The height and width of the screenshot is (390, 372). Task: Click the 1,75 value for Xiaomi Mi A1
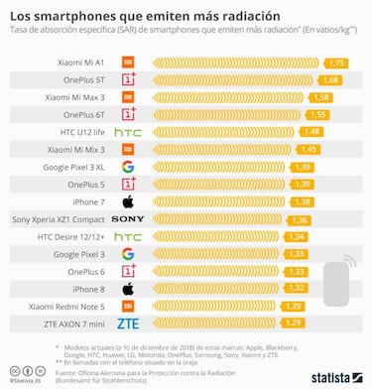pos(335,63)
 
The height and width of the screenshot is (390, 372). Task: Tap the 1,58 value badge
pos(320,97)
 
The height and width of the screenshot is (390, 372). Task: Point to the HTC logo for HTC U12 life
pos(127,132)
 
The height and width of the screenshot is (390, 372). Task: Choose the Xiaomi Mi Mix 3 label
pos(75,149)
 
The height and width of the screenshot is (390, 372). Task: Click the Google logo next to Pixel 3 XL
pos(127,167)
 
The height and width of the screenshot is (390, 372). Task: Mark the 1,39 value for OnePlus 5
pos(303,184)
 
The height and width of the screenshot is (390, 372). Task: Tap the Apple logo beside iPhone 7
pos(127,201)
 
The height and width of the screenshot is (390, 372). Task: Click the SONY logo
pos(127,218)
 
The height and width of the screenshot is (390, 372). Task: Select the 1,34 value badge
pos(295,236)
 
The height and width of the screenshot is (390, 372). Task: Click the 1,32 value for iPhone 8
pos(294,289)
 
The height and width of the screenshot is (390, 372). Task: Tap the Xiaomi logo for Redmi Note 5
pos(127,306)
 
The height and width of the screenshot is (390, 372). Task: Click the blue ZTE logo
pos(127,324)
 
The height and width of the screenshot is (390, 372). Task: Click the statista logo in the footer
pos(329,376)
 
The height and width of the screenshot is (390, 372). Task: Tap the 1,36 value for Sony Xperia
pos(299,219)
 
